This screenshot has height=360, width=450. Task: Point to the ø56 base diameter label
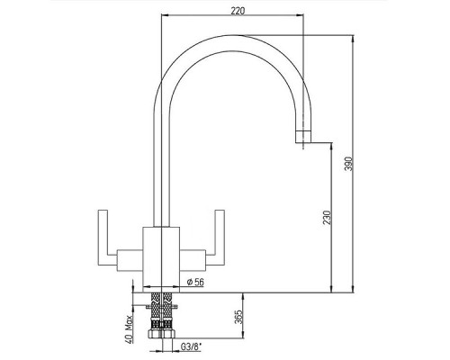tap(193, 281)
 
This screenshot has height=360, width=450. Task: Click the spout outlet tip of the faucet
tap(303, 139)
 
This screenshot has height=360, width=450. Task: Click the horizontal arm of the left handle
tap(125, 253)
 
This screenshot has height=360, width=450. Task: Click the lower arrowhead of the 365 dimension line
tap(242, 341)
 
